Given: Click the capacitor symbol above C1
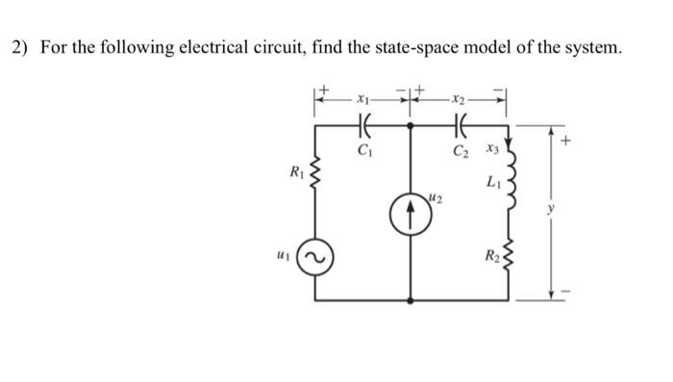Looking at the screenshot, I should point(363,124).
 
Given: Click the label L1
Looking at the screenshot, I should point(493,181).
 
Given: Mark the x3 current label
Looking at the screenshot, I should point(493,149).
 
